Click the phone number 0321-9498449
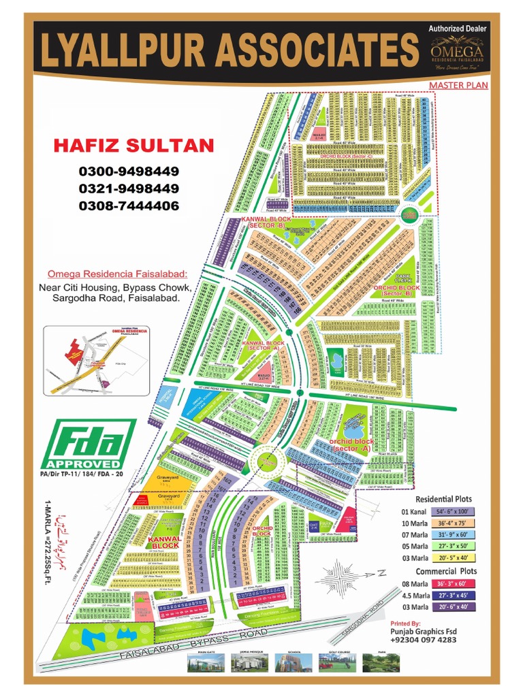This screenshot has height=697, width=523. pos(129,189)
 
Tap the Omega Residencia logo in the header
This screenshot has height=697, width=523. pos(456,51)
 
